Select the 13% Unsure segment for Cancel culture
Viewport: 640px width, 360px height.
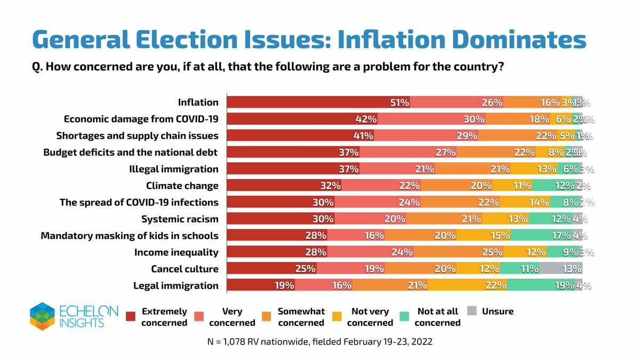(561, 268)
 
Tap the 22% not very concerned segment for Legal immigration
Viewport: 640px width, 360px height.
(467, 285)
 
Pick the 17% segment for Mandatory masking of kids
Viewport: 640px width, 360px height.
(541, 235)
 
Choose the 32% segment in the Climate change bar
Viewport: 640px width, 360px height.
(284, 186)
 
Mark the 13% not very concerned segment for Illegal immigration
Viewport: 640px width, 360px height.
(534, 169)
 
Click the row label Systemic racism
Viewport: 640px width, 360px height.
(180, 219)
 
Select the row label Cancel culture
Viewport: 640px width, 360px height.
(185, 268)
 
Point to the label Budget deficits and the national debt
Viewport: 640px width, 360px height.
(131, 153)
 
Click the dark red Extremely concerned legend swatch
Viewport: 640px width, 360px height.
(131, 316)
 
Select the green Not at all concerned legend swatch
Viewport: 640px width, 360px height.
(406, 316)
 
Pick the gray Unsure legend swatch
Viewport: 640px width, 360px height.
(471, 310)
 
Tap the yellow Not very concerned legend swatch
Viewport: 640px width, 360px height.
(337, 316)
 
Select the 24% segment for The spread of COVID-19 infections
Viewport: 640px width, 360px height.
(378, 202)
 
